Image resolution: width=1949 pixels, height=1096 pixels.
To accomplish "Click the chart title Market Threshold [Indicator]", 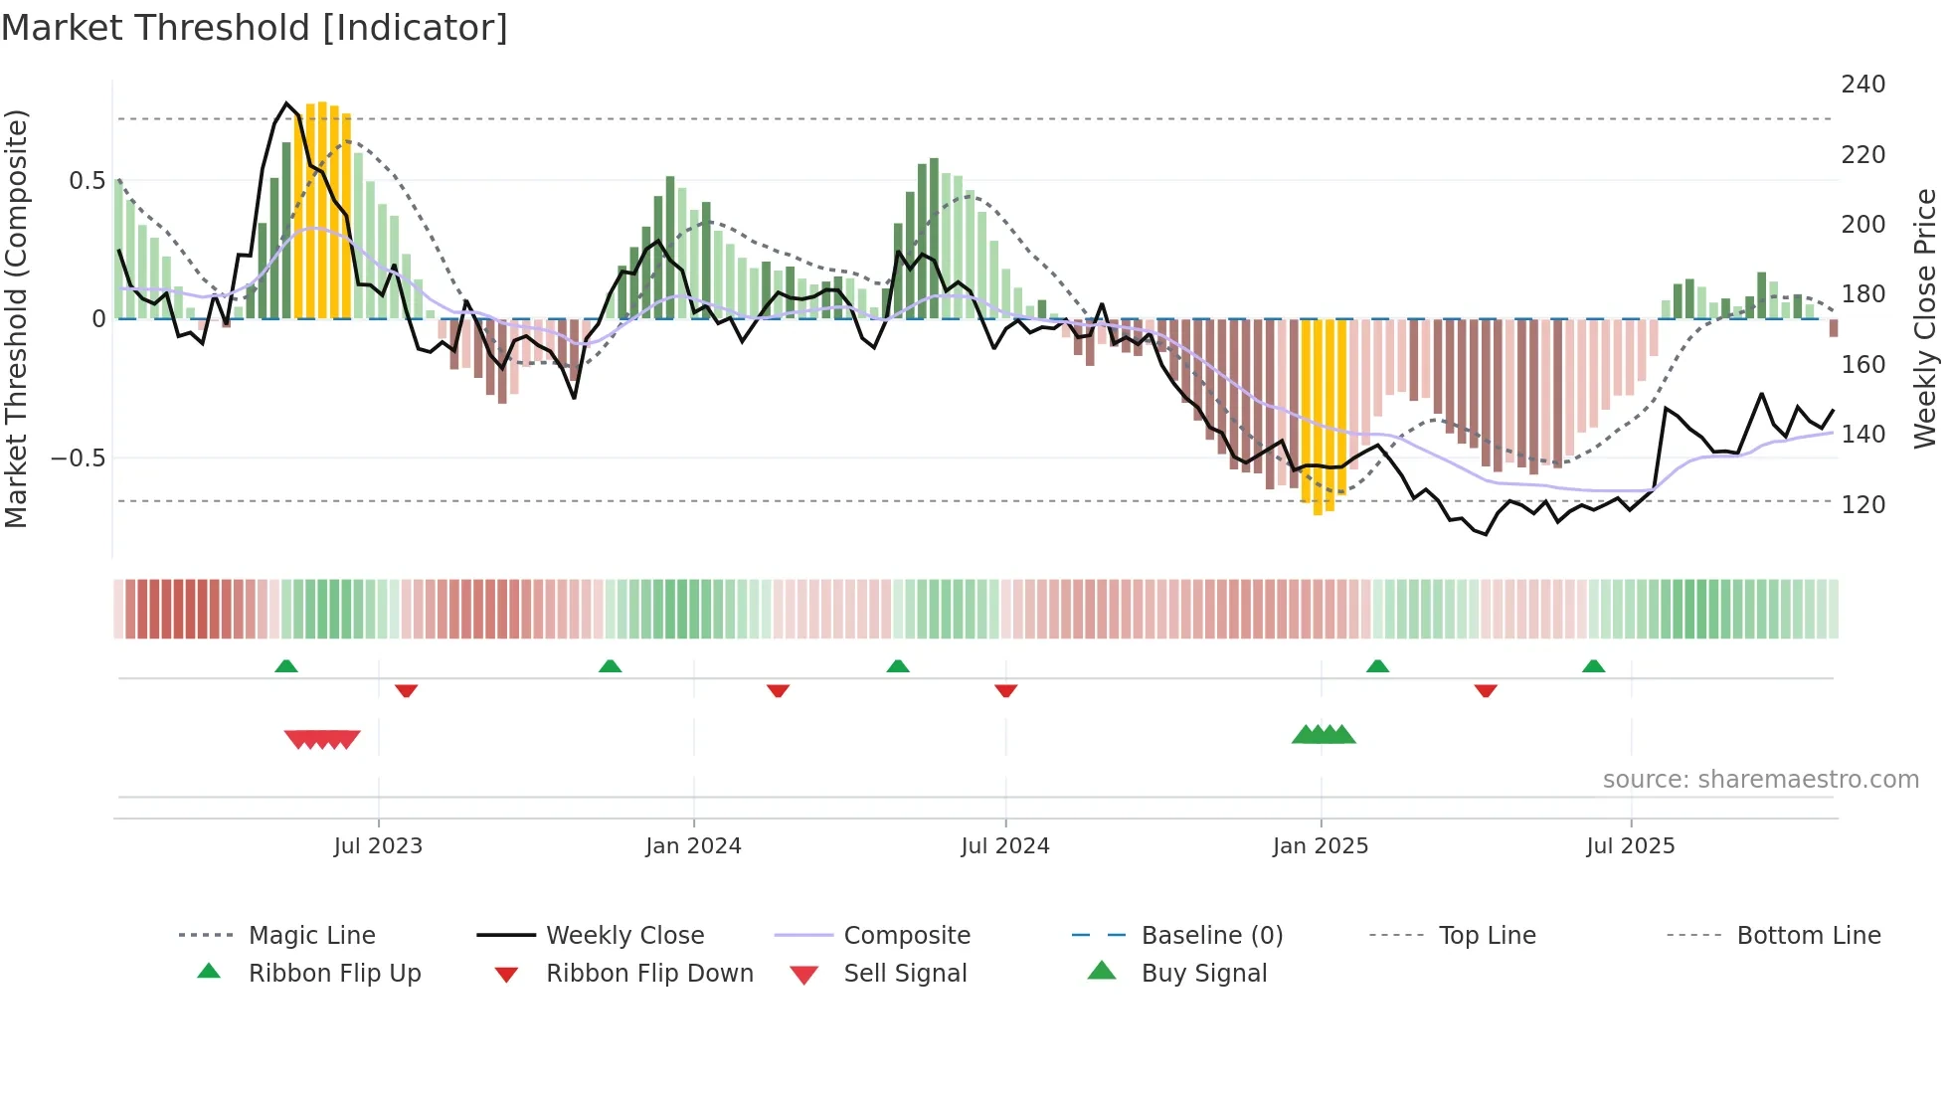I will [255, 28].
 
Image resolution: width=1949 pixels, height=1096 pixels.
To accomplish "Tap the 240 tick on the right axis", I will [1862, 85].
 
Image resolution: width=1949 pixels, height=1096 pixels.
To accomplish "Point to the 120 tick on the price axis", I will [1862, 505].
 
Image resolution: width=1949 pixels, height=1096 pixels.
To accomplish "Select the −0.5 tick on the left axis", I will [78, 458].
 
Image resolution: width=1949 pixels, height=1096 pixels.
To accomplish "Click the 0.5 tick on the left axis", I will [87, 181].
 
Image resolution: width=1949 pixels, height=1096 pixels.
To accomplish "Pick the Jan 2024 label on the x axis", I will [693, 846].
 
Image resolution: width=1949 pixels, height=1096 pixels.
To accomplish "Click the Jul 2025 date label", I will [1630, 846].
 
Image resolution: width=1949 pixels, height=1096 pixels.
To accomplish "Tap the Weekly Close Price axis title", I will [1925, 318].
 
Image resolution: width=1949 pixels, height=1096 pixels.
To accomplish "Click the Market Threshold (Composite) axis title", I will [17, 318].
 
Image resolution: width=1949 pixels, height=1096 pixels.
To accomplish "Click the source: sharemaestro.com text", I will [1760, 780].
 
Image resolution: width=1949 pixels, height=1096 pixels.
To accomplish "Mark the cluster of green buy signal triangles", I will [1324, 735].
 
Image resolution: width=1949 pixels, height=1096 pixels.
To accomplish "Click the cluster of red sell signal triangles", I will [322, 739].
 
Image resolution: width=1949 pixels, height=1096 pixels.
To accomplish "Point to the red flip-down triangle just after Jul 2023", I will [406, 690].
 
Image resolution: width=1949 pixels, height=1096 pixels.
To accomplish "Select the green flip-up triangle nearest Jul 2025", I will [1593, 666].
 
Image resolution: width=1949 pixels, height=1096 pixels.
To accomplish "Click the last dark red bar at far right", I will [1833, 328].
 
